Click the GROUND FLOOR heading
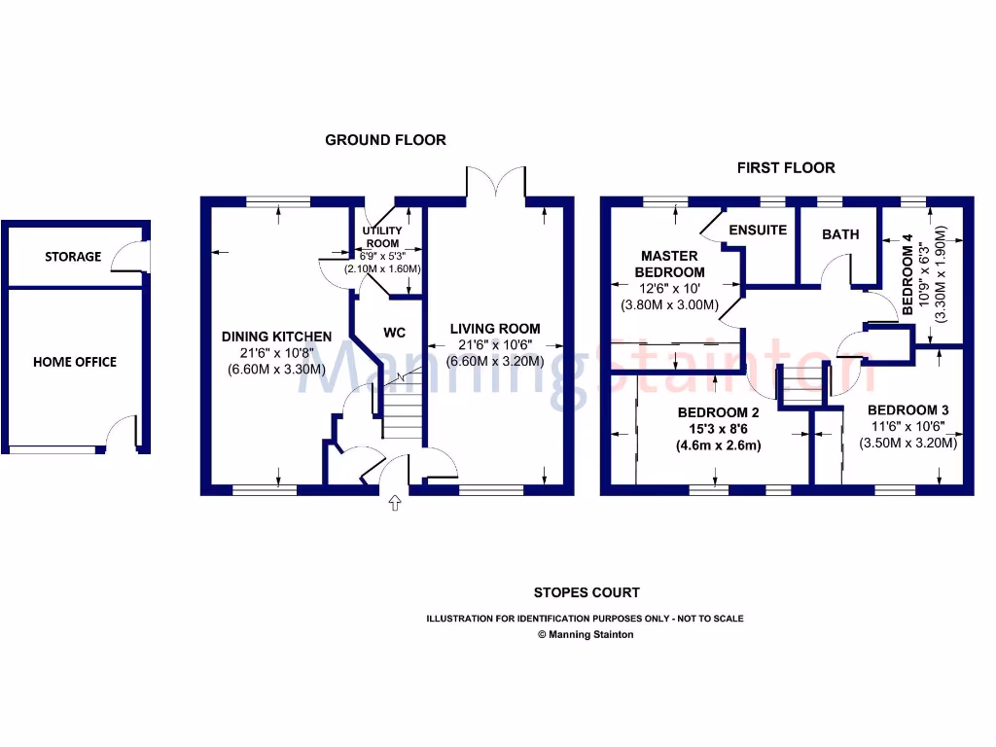(385, 140)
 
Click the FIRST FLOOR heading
(786, 167)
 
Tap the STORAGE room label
(73, 257)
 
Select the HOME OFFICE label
(75, 362)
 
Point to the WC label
(394, 333)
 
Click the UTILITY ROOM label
(382, 236)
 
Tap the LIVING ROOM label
(494, 329)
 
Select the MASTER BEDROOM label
(669, 264)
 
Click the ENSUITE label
(758, 231)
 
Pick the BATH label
(840, 234)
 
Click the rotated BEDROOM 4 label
(908, 274)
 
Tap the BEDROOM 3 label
(908, 409)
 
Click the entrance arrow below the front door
(394, 503)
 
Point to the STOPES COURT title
(587, 592)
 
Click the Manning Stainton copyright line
(586, 634)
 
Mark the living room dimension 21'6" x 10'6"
(494, 344)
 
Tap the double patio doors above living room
(496, 181)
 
